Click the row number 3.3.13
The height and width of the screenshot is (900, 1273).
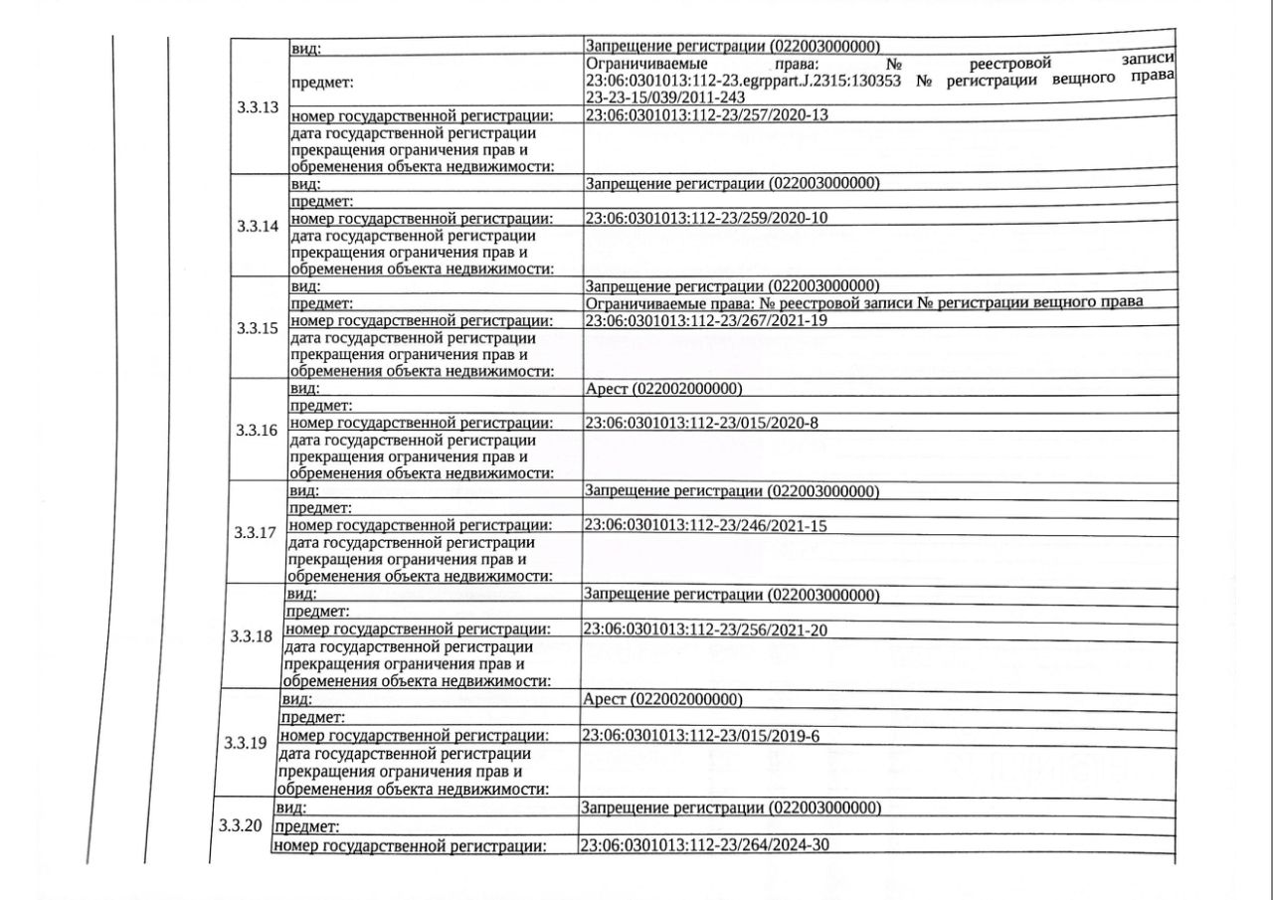tap(258, 107)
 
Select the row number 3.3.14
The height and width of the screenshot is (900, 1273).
tap(258, 226)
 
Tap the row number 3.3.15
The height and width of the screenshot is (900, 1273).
tap(258, 328)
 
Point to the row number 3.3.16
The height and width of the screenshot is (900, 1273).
tap(257, 431)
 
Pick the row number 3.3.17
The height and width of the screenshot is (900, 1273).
tap(256, 533)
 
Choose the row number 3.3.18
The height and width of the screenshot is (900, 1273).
tap(251, 636)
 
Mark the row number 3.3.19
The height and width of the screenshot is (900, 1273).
tap(246, 743)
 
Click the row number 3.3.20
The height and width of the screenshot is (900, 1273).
tap(241, 826)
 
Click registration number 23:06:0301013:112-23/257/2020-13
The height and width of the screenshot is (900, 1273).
tap(707, 115)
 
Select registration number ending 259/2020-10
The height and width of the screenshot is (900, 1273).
tap(706, 218)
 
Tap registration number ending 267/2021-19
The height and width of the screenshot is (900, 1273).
tap(706, 320)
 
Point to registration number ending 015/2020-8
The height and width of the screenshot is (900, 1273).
tap(701, 423)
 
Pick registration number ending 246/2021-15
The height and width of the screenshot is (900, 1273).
tap(705, 525)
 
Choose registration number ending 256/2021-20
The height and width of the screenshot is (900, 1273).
tap(704, 630)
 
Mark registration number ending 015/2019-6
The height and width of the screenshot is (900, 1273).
tap(699, 736)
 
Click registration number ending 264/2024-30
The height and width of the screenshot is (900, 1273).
tap(703, 845)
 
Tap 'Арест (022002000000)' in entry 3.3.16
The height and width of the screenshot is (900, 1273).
tap(664, 388)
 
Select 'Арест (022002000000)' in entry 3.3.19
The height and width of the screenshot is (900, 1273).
tap(662, 699)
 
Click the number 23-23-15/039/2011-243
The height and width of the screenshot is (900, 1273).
tap(665, 97)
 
